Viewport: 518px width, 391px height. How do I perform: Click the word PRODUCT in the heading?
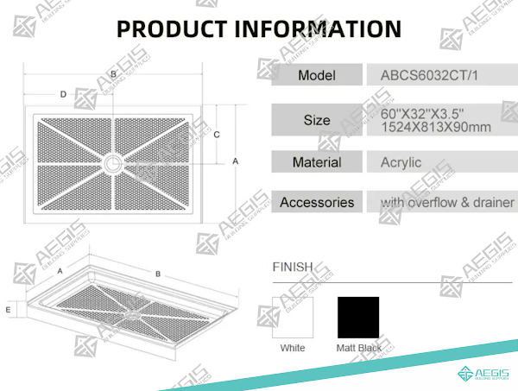click(x=172, y=29)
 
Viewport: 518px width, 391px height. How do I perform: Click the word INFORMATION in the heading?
click(x=318, y=29)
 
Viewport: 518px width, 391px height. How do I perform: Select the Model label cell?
click(x=317, y=75)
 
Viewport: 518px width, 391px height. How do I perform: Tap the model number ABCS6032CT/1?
click(x=429, y=75)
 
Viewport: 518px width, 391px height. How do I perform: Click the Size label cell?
click(x=317, y=120)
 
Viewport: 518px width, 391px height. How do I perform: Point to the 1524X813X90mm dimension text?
click(x=436, y=127)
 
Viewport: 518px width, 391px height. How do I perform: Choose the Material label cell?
click(x=317, y=161)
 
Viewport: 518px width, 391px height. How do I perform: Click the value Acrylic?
click(x=401, y=162)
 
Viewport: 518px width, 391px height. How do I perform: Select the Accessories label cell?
click(x=317, y=202)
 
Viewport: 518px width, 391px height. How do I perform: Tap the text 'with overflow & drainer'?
click(x=447, y=202)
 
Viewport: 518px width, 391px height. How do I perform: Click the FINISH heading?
click(x=293, y=267)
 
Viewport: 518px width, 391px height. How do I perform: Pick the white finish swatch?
click(x=293, y=318)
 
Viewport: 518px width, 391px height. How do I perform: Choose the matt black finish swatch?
click(x=358, y=318)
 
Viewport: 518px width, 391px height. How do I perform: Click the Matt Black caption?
click(x=359, y=348)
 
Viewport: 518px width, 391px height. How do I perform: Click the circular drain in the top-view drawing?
click(x=112, y=163)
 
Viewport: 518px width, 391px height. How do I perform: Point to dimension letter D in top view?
click(x=63, y=94)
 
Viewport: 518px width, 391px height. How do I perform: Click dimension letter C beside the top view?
click(x=217, y=135)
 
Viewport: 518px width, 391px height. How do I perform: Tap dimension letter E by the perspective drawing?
click(x=8, y=310)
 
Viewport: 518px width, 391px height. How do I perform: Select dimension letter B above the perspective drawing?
click(x=158, y=274)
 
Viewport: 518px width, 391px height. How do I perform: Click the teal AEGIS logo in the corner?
click(x=483, y=374)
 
